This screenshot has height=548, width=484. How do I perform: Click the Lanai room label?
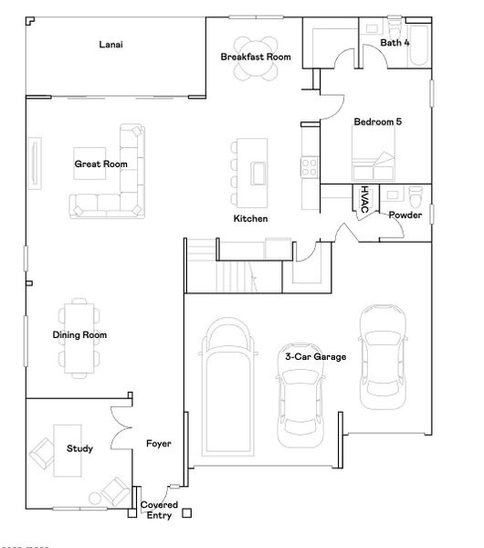coord(110,44)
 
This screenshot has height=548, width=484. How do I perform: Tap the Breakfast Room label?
coord(256,57)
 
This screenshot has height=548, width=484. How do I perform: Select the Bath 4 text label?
coord(395,42)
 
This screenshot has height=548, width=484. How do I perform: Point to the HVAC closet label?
coord(364,200)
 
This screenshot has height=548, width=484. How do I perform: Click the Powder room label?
coord(405,215)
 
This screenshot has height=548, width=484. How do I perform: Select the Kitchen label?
coord(250,219)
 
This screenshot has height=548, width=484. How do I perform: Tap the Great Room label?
coord(100,164)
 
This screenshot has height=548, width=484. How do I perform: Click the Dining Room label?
coord(79,335)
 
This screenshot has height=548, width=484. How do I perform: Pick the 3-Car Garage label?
coord(315,356)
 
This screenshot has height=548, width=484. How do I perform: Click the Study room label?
coord(79,448)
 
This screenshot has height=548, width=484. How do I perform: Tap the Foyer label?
coord(159,444)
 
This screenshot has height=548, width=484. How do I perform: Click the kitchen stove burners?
coord(309,167)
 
